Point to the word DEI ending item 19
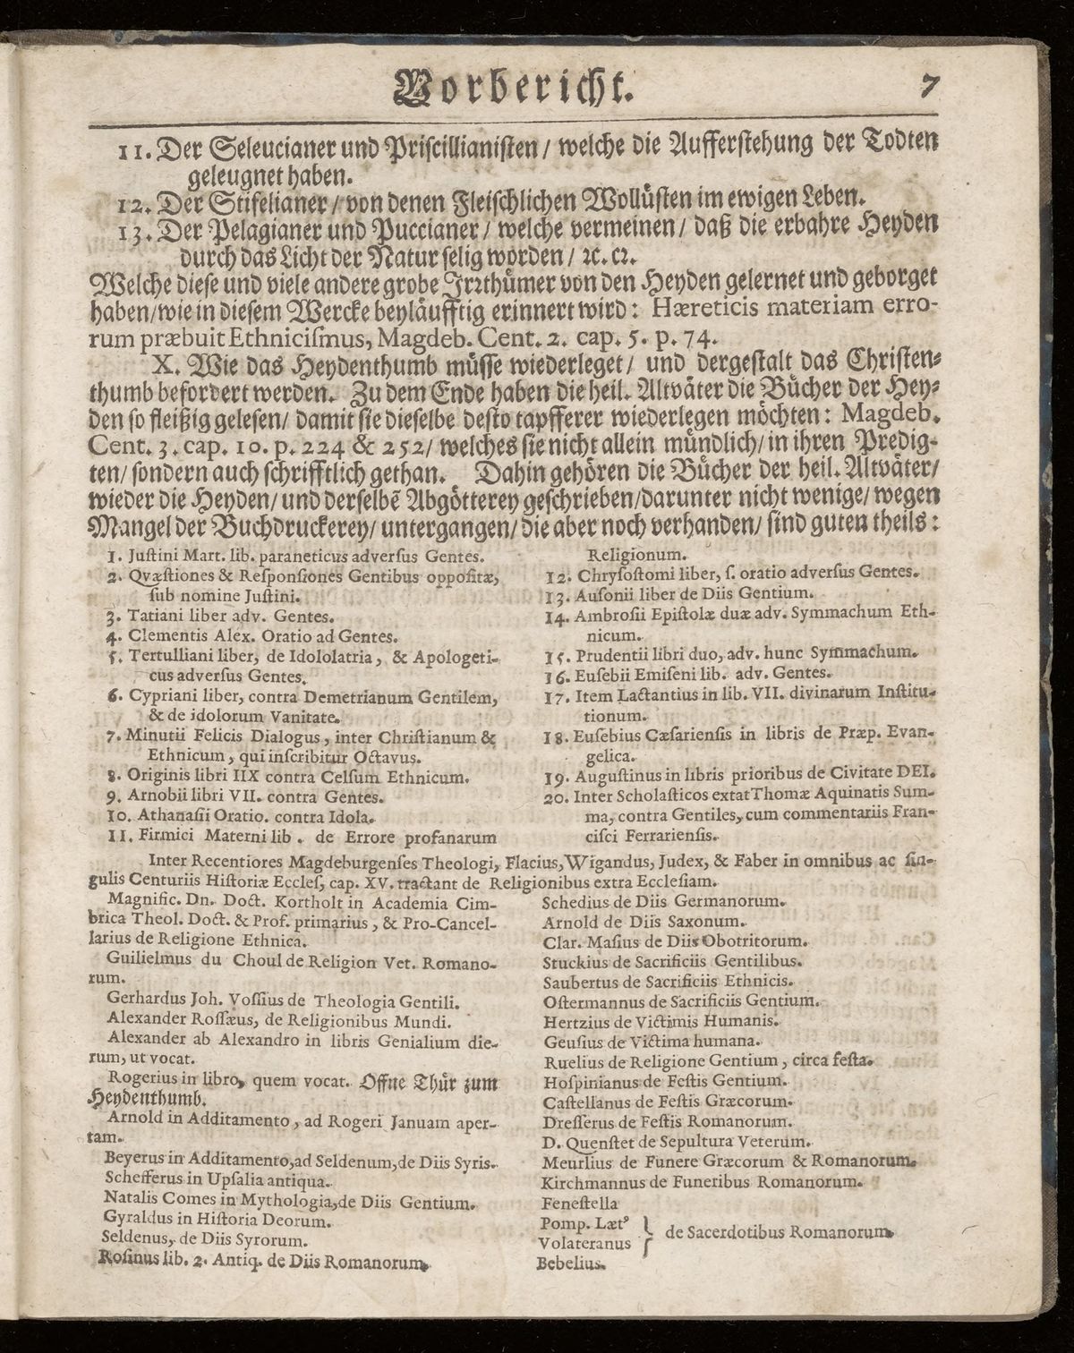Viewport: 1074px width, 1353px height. [x=916, y=774]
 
